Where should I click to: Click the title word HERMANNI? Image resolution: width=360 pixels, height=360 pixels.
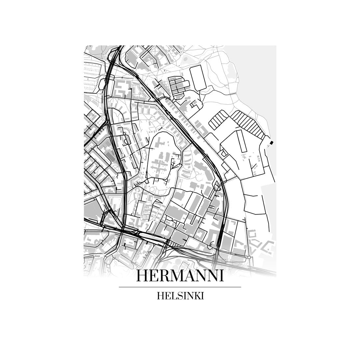pyautogui.click(x=180, y=276)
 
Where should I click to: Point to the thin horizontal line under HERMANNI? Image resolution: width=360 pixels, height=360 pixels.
pyautogui.click(x=180, y=287)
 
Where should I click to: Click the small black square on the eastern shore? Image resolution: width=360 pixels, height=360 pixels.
pyautogui.click(x=271, y=142)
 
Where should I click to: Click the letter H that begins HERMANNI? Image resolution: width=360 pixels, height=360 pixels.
pyautogui.click(x=142, y=276)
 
